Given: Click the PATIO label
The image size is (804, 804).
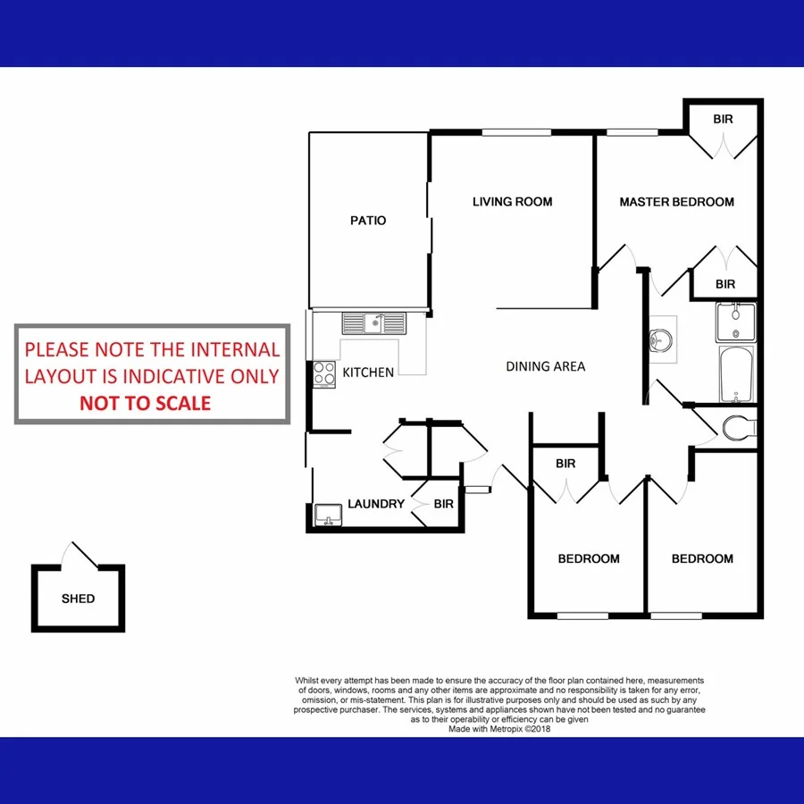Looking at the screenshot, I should point(368,220).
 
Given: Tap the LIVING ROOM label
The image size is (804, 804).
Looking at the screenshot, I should point(512,202).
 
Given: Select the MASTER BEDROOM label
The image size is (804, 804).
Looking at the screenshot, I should point(676,202).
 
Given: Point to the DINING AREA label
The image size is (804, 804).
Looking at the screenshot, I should point(546,366).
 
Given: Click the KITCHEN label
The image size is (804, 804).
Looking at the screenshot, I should point(368,373).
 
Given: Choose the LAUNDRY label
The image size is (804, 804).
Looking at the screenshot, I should point(376,504).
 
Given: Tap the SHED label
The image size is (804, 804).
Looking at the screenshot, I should point(78,599).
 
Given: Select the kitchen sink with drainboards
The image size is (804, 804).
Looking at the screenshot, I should point(373,322).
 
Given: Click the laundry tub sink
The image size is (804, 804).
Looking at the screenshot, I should point(329,515).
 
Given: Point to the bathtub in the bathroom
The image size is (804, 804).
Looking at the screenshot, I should point(737,376).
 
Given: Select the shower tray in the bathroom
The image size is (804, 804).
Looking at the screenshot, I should point(735,322).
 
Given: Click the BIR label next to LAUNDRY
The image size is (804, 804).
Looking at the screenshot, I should point(444,504).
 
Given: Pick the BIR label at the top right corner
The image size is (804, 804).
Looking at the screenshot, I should point(724,120).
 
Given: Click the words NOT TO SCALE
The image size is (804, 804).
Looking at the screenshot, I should point(146,403).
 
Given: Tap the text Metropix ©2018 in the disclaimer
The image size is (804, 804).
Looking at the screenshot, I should point(519,729).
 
